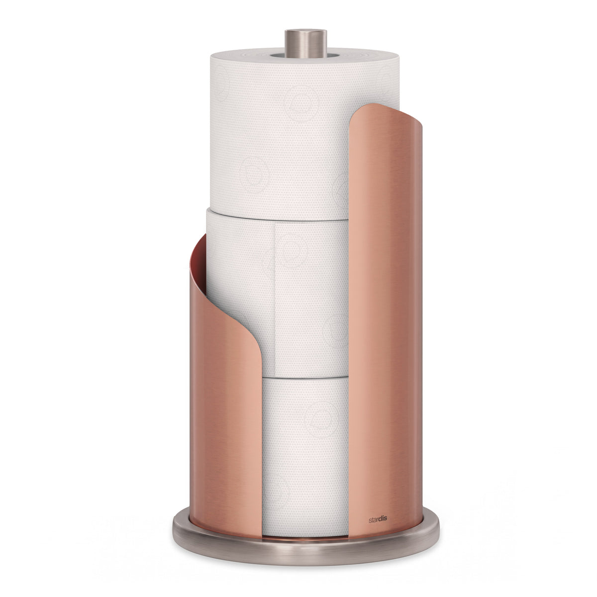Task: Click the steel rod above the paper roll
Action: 305,44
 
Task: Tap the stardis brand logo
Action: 378,519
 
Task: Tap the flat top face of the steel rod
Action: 306,32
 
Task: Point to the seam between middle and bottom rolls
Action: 305,378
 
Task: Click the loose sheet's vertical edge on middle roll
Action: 275,299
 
